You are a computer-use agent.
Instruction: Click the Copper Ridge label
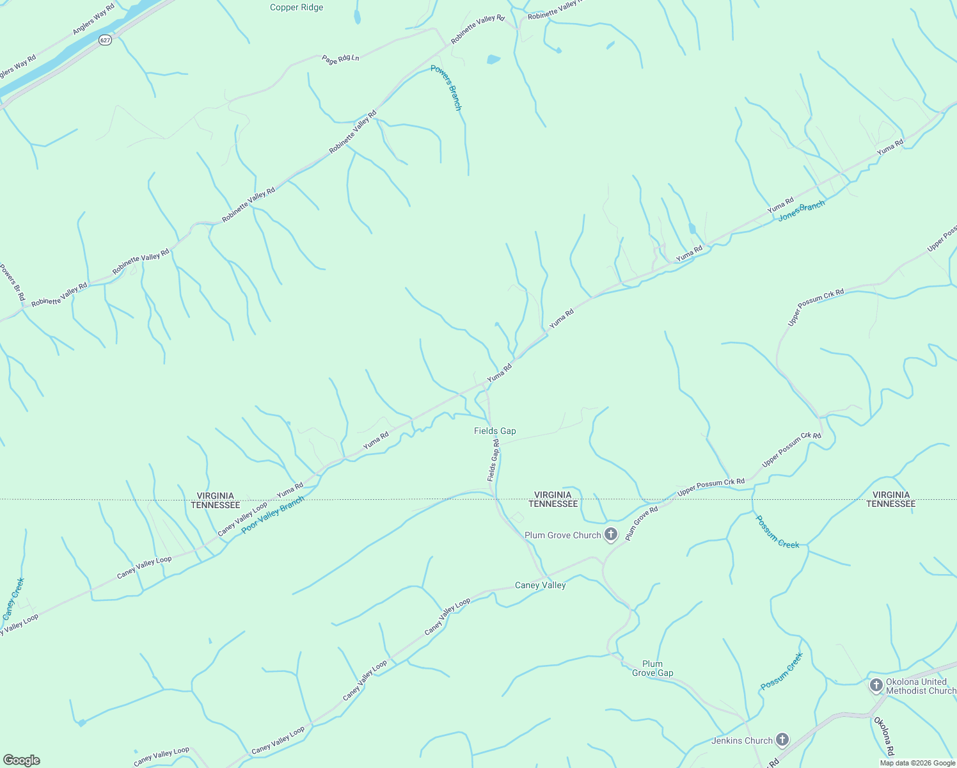296,8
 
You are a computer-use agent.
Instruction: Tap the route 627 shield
106,40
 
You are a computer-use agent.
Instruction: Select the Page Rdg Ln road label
340,59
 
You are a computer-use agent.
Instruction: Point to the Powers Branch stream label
446,88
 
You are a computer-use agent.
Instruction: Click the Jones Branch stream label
802,210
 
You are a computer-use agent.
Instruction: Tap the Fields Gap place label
494,431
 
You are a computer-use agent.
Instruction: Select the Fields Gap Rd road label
493,460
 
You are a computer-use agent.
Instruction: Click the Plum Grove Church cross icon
611,534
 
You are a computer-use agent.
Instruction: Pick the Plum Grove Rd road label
641,523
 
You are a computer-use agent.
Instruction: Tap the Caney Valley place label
540,585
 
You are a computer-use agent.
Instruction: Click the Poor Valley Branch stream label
273,515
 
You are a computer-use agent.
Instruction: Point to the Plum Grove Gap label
652,668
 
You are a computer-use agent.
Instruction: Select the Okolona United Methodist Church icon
876,685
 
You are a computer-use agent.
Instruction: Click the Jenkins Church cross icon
782,740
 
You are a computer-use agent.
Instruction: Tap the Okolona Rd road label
883,736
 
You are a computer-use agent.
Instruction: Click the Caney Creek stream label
13,598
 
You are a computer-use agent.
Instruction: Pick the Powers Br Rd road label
12,282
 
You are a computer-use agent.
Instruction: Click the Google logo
21,760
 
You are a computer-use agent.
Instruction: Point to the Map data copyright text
917,763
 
